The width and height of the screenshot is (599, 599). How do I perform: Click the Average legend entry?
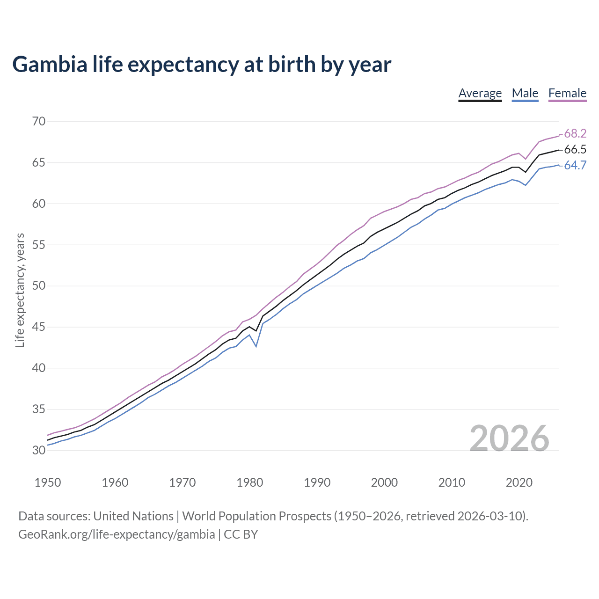tap(480, 94)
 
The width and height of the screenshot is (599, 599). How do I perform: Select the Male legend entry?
tap(525, 94)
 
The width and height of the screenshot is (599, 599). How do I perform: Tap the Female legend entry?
tap(567, 94)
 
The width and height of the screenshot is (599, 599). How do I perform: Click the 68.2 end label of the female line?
tap(575, 134)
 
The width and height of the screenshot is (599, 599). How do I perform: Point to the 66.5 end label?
tap(575, 150)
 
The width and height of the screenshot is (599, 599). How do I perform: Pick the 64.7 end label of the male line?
tap(575, 166)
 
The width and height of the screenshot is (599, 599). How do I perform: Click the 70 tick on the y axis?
tap(39, 122)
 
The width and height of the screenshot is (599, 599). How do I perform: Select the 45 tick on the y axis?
tap(39, 327)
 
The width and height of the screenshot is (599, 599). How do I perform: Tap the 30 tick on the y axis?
tap(39, 451)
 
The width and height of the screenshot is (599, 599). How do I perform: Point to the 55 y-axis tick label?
tap(39, 245)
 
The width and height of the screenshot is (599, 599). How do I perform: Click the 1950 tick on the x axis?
tap(48, 482)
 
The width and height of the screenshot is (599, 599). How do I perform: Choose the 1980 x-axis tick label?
tap(249, 482)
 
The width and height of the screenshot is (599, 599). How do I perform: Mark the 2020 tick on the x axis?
tap(519, 482)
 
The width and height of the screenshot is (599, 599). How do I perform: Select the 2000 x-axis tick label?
tap(384, 482)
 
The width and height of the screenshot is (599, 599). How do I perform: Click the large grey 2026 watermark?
tap(509, 438)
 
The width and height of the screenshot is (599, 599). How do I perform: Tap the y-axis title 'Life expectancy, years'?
tap(20, 290)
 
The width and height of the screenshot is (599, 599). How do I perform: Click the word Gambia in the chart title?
tap(50, 65)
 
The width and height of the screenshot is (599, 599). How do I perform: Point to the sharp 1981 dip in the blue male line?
tap(256, 346)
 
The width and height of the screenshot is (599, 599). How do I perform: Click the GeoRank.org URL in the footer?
tap(117, 534)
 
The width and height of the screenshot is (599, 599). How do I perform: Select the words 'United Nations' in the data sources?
tap(133, 516)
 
